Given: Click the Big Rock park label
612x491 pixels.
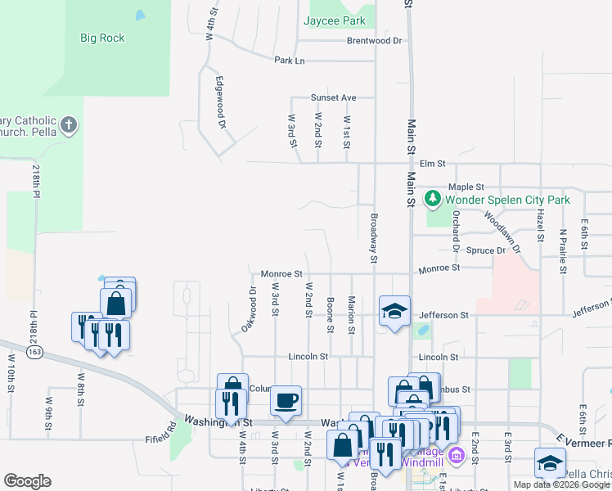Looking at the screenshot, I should point(102,37).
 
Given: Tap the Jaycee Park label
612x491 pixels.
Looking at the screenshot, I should point(335,20).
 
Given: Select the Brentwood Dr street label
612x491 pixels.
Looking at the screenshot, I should point(375,40).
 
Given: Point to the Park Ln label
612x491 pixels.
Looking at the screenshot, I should point(289,61).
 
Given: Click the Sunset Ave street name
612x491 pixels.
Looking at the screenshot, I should point(333,97).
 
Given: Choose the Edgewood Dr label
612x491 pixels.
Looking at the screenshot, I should point(220,103).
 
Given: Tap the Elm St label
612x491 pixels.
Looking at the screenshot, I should point(431,164).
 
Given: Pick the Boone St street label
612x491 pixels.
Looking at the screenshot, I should point(331,314).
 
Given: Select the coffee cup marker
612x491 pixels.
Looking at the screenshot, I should point(286,400).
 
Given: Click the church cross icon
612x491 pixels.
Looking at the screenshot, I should point(70,126).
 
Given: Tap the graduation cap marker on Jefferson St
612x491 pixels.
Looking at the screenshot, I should point(394,311).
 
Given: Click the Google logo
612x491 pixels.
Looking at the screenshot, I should point(28,481).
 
